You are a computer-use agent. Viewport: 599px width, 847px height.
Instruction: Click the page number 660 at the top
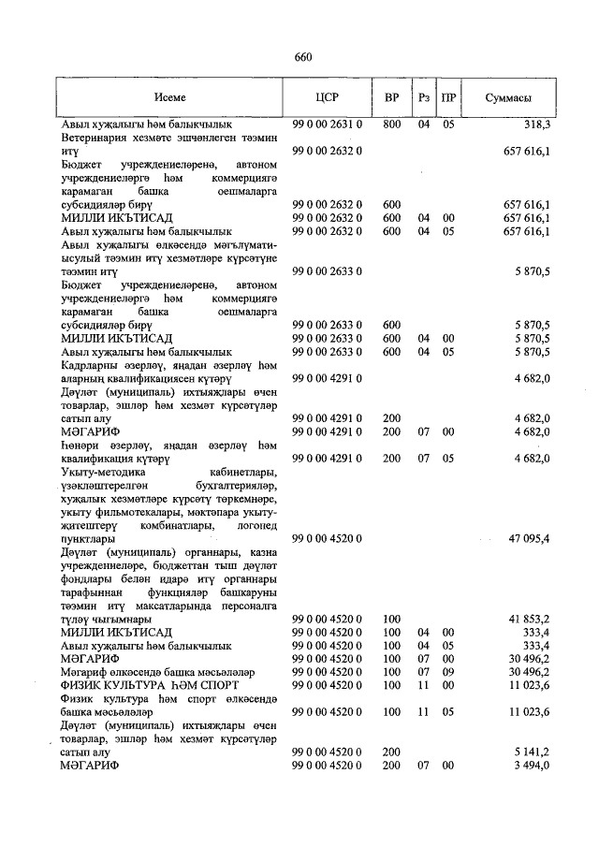302,57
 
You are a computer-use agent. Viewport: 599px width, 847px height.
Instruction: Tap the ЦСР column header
327,97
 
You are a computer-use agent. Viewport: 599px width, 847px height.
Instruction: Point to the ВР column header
391,97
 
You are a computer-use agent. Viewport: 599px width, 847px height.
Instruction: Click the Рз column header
424,97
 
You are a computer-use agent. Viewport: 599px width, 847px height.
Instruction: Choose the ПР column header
448,97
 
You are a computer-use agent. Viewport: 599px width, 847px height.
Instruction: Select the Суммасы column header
509,97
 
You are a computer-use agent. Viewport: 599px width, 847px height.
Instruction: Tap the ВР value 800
391,124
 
